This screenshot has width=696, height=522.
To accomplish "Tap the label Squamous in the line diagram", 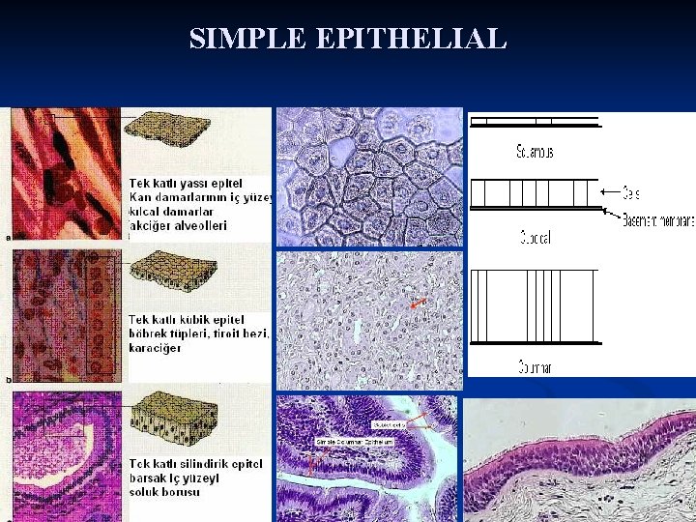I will tap(534, 153).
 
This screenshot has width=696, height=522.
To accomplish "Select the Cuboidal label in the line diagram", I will tap(533, 238).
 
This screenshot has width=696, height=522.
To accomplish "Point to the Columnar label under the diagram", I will tap(534, 367).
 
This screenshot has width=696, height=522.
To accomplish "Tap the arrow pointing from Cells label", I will tap(610, 193).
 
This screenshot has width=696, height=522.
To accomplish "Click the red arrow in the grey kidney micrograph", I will tap(418, 304).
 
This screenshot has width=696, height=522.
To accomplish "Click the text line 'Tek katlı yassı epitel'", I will tap(186, 183).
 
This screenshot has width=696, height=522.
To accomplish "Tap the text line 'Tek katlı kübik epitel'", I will tap(187, 319).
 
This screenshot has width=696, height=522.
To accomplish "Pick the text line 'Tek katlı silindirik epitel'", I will tap(196, 463).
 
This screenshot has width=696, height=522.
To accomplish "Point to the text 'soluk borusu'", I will tap(165, 492).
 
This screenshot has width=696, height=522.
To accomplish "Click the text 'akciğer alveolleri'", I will tap(178, 225).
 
